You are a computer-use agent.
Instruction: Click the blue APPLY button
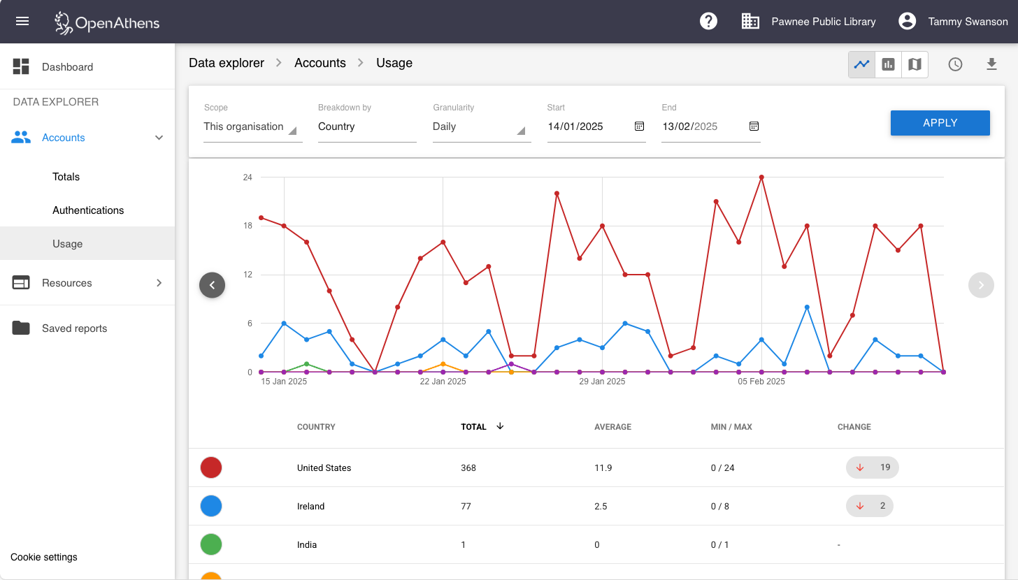click(x=940, y=123)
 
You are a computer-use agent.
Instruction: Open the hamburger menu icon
click(x=22, y=21)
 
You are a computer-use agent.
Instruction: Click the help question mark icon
click(x=708, y=21)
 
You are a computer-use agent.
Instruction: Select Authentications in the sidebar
click(x=88, y=210)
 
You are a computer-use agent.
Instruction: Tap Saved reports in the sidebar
click(x=74, y=328)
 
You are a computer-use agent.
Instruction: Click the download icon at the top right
click(x=991, y=64)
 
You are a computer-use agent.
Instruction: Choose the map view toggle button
click(x=915, y=64)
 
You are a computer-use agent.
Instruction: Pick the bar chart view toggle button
click(x=888, y=64)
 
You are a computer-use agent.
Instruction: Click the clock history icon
click(x=955, y=64)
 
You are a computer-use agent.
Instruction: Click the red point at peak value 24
click(x=761, y=177)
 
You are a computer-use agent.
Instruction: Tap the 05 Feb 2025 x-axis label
click(x=761, y=382)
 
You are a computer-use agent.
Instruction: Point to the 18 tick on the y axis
click(x=248, y=226)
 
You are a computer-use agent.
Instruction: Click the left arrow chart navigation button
click(x=212, y=285)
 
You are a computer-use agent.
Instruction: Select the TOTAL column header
click(x=474, y=427)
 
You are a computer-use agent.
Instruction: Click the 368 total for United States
click(x=468, y=467)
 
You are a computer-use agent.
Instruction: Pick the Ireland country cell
click(x=310, y=506)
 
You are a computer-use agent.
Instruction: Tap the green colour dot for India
click(x=211, y=544)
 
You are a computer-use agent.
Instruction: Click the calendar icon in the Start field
click(x=639, y=126)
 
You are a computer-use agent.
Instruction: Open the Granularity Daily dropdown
click(x=481, y=127)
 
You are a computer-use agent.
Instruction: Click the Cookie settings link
click(x=44, y=557)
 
